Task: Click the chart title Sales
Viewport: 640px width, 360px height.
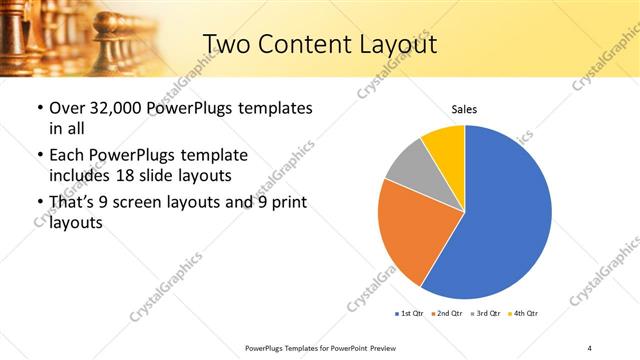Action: pos(464,107)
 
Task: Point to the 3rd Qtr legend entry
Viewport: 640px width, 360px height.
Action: pos(487,313)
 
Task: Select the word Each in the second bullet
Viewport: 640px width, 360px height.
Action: pos(69,156)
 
